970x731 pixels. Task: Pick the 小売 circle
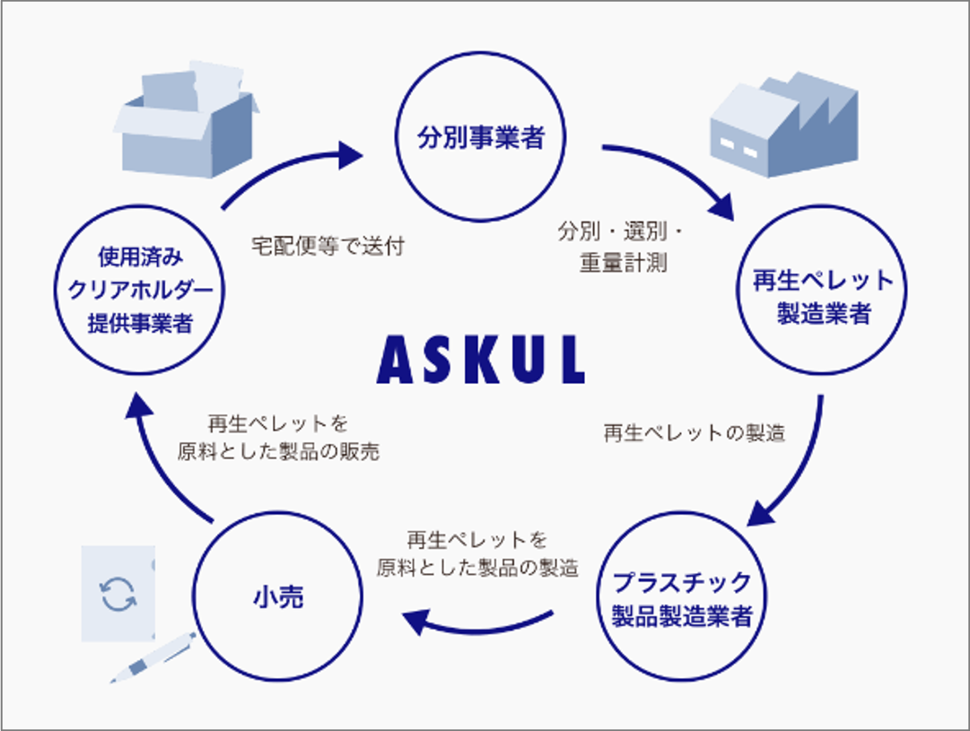pyautogui.click(x=279, y=597)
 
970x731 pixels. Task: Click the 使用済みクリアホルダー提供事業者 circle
pyautogui.click(x=140, y=291)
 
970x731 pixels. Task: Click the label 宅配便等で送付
pyautogui.click(x=328, y=247)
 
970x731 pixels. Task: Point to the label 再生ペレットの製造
pyautogui.click(x=694, y=433)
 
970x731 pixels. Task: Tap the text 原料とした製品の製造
pyautogui.click(x=476, y=568)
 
